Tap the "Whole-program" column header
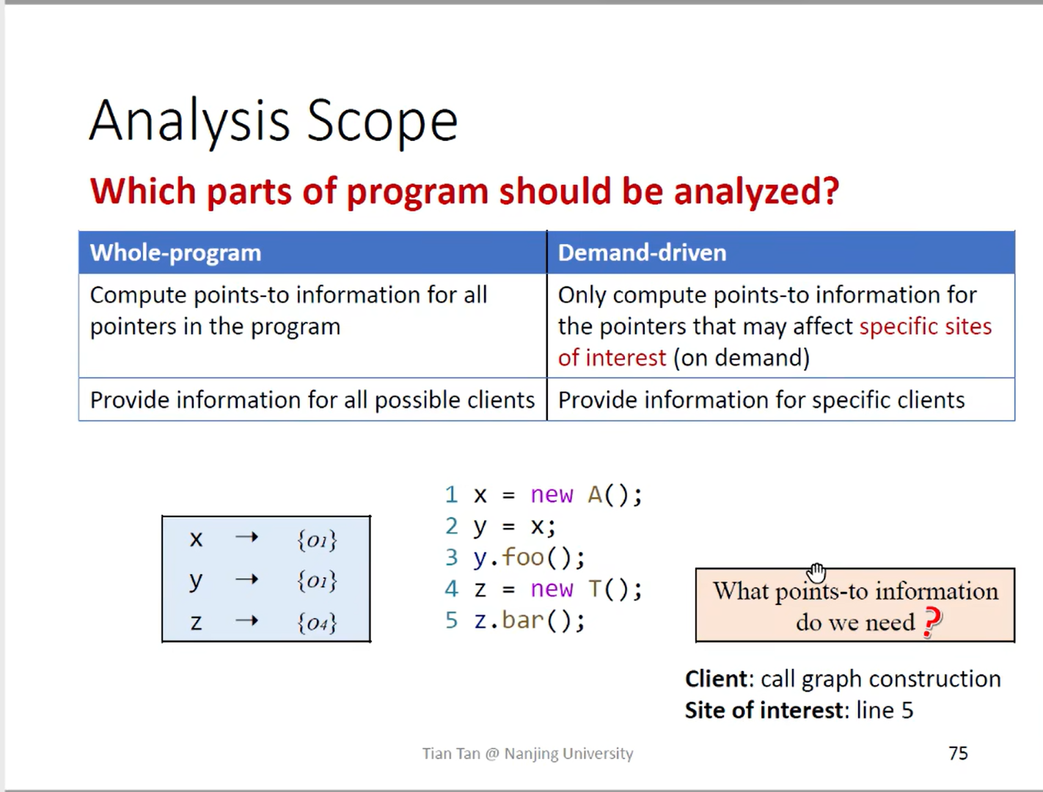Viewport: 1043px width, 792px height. point(175,253)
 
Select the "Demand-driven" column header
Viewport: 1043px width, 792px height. point(642,253)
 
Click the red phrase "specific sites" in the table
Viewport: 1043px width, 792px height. point(926,326)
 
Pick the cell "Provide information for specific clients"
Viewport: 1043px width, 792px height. point(761,400)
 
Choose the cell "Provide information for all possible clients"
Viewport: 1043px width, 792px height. point(312,400)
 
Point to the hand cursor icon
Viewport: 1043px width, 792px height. point(816,573)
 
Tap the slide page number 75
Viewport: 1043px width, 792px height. point(958,753)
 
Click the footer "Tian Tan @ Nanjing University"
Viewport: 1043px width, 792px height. point(527,754)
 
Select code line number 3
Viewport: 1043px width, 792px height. point(451,557)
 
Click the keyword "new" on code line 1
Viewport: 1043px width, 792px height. point(552,494)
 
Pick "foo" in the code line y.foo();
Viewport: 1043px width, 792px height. point(523,557)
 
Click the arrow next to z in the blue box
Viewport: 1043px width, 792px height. point(246,620)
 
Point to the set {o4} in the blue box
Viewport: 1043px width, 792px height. point(317,623)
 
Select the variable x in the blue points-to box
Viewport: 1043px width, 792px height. point(196,539)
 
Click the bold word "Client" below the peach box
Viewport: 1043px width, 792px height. point(717,679)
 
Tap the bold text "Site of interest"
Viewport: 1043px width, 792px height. point(763,711)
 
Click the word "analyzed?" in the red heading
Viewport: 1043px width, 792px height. point(756,192)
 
